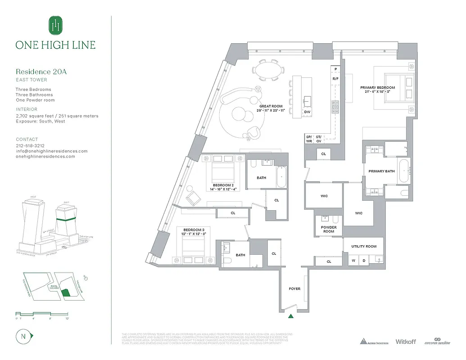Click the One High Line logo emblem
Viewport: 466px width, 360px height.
pyautogui.click(x=55, y=25)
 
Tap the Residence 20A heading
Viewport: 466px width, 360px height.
pyautogui.click(x=41, y=72)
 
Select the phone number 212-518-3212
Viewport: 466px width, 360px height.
pyautogui.click(x=30, y=146)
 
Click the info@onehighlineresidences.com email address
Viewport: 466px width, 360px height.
pyautogui.click(x=51, y=151)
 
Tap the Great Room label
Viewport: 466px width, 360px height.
pyautogui.click(x=271, y=107)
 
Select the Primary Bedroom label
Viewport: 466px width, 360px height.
pyautogui.click(x=377, y=88)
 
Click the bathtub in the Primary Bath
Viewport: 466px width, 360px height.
pyautogui.click(x=404, y=171)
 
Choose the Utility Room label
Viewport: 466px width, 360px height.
pyautogui.click(x=364, y=247)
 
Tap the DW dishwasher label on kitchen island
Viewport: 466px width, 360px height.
pyautogui.click(x=307, y=112)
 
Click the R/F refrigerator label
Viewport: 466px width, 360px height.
pyautogui.click(x=335, y=79)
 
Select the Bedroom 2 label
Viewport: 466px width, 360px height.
pyautogui.click(x=223, y=185)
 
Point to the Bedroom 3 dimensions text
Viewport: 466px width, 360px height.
pyautogui.click(x=194, y=234)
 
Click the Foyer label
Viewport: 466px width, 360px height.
pyautogui.click(x=294, y=289)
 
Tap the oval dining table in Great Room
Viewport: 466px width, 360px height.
pyautogui.click(x=270, y=70)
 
